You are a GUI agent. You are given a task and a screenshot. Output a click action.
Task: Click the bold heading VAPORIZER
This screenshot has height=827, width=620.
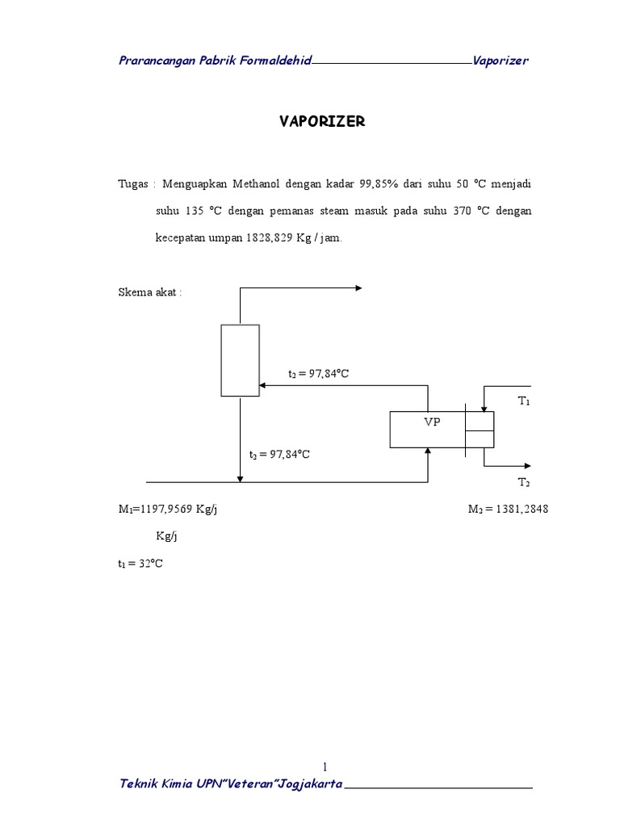click(x=322, y=121)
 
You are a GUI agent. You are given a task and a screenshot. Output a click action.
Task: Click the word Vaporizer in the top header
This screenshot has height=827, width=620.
click(x=501, y=61)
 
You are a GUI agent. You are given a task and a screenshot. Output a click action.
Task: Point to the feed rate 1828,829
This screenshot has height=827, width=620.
click(x=272, y=238)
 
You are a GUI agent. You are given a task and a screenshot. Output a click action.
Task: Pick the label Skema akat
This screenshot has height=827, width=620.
click(x=150, y=292)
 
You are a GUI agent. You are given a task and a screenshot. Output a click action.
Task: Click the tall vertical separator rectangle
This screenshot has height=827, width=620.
click(x=241, y=360)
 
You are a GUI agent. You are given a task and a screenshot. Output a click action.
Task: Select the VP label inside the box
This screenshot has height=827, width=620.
click(x=433, y=422)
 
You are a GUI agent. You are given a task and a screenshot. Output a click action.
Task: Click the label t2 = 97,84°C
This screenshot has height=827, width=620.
click(x=320, y=374)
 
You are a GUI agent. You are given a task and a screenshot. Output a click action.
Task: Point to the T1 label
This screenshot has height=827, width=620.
click(x=524, y=401)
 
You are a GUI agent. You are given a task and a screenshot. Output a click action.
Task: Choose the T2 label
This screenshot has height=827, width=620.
click(x=524, y=482)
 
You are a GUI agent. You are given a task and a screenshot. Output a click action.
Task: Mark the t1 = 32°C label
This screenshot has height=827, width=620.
click(x=140, y=564)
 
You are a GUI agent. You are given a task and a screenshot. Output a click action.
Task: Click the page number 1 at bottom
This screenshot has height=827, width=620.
click(x=325, y=766)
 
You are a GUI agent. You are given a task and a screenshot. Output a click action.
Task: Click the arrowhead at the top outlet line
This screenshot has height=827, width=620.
click(x=358, y=288)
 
